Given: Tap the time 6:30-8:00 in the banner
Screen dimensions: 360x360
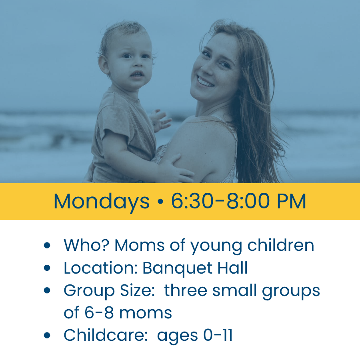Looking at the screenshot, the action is click(x=220, y=201).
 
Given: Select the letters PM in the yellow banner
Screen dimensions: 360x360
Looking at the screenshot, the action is click(x=291, y=201).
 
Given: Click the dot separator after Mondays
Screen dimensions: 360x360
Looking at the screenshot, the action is click(x=160, y=202).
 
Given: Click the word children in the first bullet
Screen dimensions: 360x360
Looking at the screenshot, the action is click(x=280, y=245).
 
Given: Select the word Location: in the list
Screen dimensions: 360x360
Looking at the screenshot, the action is click(x=101, y=268).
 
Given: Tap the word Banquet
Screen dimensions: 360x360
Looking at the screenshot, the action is click(x=178, y=268).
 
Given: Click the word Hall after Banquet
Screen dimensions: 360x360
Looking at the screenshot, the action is click(x=232, y=268).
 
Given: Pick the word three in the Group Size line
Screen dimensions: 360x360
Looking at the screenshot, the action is click(x=186, y=290).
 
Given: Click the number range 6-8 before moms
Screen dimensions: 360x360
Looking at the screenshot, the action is click(x=99, y=313).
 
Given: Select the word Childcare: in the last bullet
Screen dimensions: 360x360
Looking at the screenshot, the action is click(x=106, y=335).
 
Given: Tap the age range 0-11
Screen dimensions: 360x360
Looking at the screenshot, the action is click(x=218, y=335).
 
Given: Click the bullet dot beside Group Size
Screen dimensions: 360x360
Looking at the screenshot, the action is click(x=47, y=290).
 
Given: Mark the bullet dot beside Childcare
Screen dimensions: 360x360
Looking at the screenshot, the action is click(x=47, y=335).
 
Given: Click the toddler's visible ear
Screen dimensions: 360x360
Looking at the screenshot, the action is click(x=104, y=65).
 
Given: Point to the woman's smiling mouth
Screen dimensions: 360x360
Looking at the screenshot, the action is click(x=205, y=82).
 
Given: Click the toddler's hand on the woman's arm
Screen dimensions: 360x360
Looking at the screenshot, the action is click(x=176, y=169).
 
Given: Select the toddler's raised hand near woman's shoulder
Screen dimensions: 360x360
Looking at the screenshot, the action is click(x=160, y=120).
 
